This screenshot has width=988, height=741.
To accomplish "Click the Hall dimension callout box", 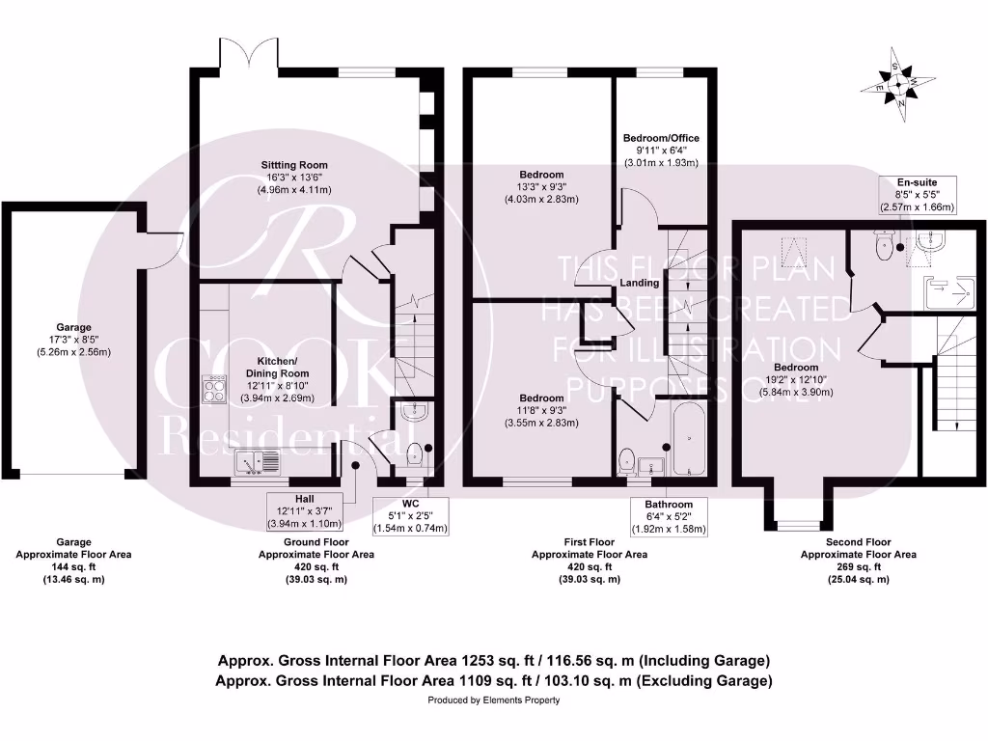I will pyautogui.click(x=299, y=510).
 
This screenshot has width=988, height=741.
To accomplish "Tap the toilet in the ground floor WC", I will pyautogui.click(x=416, y=453).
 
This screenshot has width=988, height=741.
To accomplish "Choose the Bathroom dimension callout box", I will pyautogui.click(x=669, y=516).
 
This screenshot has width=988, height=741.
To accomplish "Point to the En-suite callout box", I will pyautogui.click(x=916, y=194).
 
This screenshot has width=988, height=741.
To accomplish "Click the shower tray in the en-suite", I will pyautogui.click(x=946, y=290).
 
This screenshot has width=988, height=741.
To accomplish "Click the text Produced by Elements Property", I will pyautogui.click(x=493, y=700).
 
